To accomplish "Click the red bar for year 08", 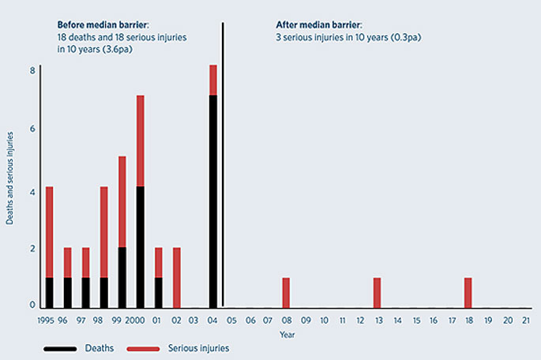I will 286,292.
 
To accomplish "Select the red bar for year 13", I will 377,292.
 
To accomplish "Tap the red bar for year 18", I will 468,292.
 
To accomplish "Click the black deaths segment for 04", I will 213,201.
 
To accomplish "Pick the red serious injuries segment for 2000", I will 141,141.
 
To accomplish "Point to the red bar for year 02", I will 177,277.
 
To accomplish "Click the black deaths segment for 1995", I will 50,292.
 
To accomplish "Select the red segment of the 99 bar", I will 122,201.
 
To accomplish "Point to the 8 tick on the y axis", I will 32,70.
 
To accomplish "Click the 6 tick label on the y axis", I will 32,129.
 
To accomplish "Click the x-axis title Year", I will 287,335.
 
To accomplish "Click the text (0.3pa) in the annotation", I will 404,36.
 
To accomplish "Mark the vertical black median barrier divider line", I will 223,158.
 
